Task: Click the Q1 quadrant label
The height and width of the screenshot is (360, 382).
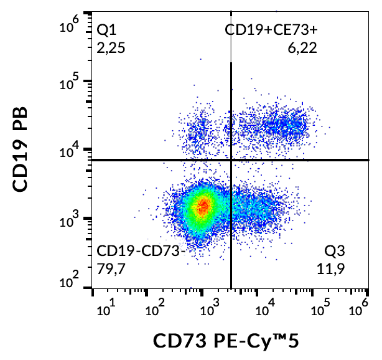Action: click(x=107, y=29)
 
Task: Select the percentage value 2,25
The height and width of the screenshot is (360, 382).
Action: click(x=112, y=47)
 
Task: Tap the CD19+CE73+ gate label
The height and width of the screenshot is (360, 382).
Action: click(x=272, y=29)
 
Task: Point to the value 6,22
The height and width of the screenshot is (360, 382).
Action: click(x=302, y=47)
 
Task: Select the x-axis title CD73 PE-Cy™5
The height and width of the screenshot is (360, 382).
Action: click(x=230, y=341)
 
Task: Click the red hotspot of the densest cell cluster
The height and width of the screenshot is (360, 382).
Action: click(x=202, y=207)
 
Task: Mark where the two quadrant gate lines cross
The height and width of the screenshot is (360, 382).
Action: click(x=231, y=160)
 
